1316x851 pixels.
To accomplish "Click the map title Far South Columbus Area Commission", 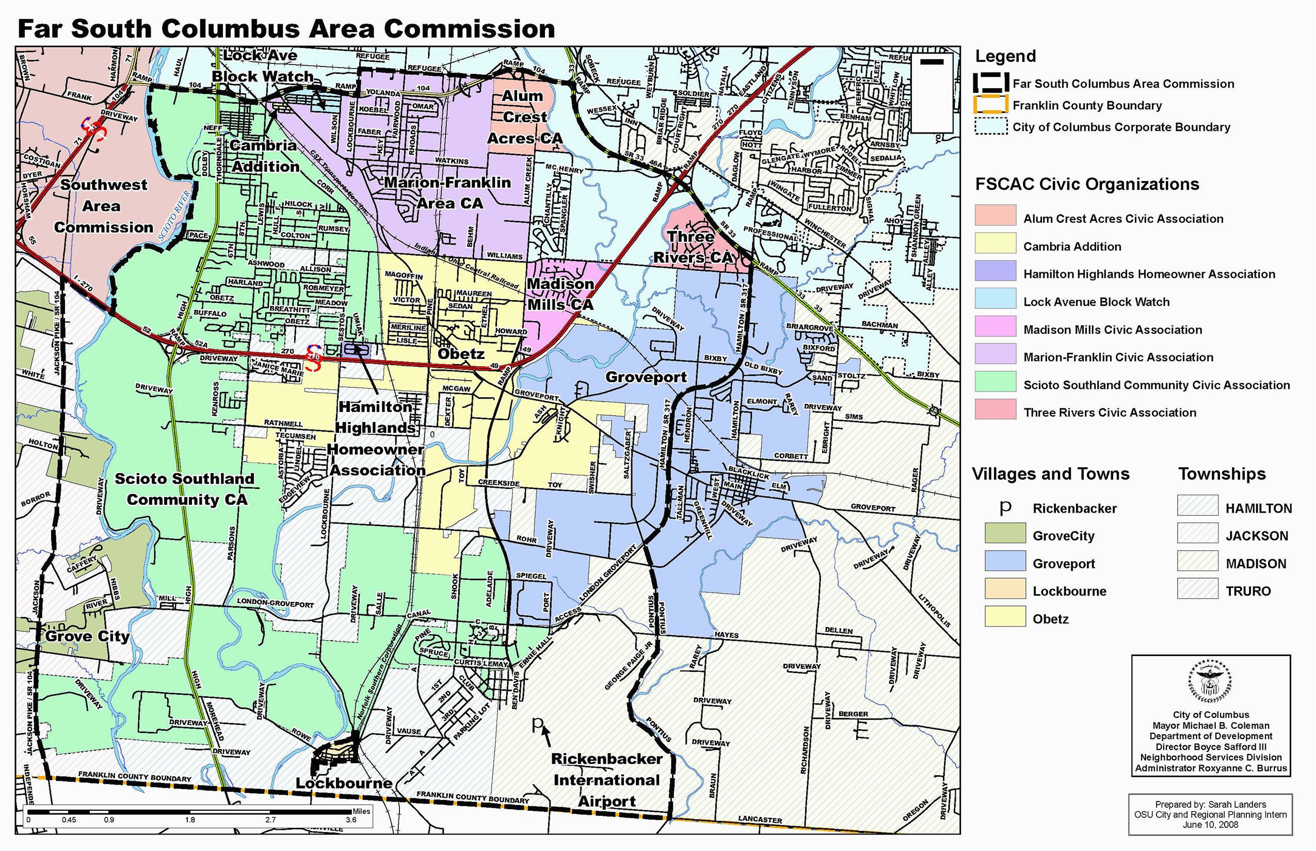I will (x=286, y=29).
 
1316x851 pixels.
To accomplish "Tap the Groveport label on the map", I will (x=646, y=378).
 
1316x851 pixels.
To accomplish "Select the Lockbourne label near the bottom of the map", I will (x=343, y=783).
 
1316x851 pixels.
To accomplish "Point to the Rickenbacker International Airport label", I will (x=606, y=780).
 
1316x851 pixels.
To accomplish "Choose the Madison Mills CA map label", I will (x=560, y=294).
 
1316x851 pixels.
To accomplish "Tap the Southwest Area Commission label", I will (x=103, y=206).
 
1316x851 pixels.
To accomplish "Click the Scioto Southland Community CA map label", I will (x=185, y=489).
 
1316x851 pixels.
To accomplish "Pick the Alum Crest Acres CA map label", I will (x=524, y=117).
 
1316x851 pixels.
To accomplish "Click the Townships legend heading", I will (x=1222, y=474).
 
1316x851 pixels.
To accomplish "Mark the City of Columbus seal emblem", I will (x=1210, y=682).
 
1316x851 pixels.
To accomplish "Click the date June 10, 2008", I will (x=1210, y=825).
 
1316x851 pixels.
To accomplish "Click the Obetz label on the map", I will (x=460, y=354).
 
